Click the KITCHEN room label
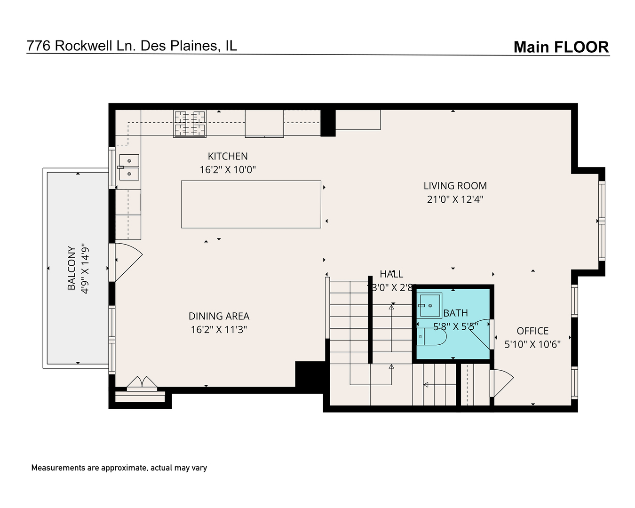pos(228,156)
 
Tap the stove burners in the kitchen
pos(190,123)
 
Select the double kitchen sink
pos(128,167)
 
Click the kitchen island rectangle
pos(251,204)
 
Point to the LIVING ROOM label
pos(455,186)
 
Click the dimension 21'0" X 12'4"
pos(455,199)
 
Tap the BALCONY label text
pos(71,268)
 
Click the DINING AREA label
pos(219,316)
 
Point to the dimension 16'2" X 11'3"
pos(219,329)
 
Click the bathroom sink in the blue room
pos(430,305)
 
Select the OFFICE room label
pos(532,331)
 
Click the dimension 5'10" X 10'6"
pos(532,344)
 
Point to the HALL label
pos(391,274)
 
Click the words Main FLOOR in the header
pos(561,47)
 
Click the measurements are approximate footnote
pos(119,468)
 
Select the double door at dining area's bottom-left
pos(142,383)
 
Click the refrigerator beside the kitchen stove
pos(264,123)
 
